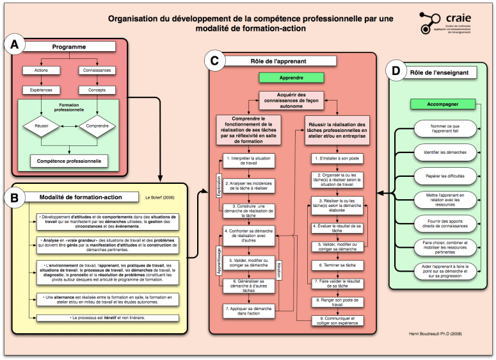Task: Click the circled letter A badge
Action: [x=15, y=45]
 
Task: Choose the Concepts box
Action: [x=96, y=90]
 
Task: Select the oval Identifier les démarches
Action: [x=444, y=152]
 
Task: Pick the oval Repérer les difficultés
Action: [x=444, y=174]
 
